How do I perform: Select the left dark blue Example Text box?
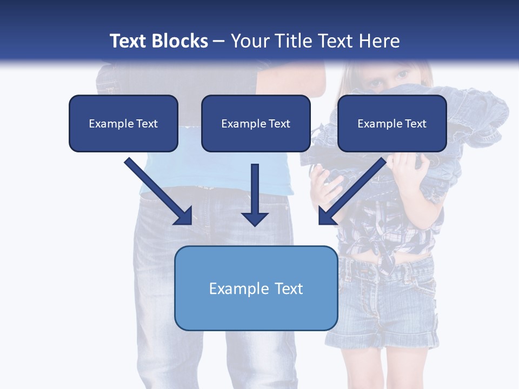123,124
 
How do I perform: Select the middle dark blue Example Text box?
256,124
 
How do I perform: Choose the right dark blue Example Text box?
392,124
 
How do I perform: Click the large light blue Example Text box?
256,288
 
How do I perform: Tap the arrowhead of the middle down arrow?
255,218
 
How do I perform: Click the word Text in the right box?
416,124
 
